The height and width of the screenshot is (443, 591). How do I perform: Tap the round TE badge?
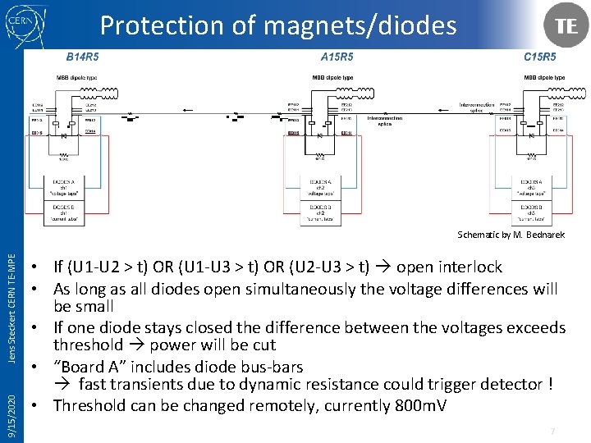(566, 25)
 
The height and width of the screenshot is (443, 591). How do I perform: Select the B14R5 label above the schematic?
(82, 57)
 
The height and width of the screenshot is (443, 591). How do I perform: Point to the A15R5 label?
(337, 57)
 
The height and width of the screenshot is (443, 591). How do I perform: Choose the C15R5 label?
(539, 57)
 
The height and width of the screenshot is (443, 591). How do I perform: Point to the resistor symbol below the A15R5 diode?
(322, 152)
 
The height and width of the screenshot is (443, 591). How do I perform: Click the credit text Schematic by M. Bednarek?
(511, 235)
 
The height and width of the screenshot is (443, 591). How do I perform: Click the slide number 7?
(553, 431)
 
